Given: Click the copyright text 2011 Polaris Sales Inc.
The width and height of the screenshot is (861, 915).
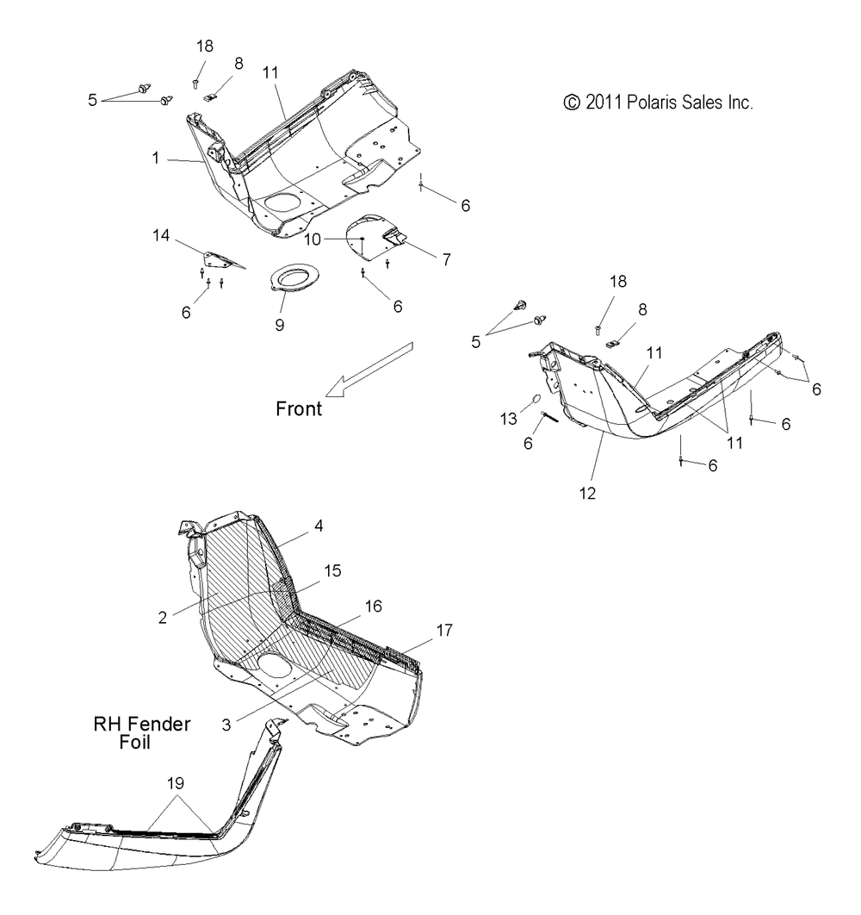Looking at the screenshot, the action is click(x=658, y=103).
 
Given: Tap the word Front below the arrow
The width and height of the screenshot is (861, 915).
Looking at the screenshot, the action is click(x=299, y=409).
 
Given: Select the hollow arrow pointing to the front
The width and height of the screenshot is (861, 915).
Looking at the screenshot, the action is click(x=369, y=370).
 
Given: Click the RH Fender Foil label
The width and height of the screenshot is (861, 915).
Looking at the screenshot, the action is click(x=142, y=733).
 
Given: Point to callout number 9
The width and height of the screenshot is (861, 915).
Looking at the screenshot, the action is click(x=280, y=325).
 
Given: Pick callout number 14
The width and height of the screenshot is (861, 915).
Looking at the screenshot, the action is click(x=161, y=235).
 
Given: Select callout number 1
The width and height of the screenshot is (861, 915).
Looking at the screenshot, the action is click(x=156, y=159).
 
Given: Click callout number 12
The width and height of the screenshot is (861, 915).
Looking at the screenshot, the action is click(x=587, y=494).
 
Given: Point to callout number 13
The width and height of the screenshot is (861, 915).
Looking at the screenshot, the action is click(x=509, y=419).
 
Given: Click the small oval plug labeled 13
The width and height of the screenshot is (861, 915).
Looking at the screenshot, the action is click(x=536, y=400).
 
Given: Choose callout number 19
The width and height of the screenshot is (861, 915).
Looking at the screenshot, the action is click(x=176, y=783).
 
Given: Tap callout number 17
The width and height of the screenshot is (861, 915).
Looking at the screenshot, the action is click(x=444, y=630).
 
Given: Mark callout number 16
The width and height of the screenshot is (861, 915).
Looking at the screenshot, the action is click(x=374, y=607).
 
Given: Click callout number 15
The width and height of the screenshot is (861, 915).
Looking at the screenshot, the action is click(x=332, y=570).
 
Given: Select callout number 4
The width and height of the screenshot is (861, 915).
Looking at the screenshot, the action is click(x=319, y=526).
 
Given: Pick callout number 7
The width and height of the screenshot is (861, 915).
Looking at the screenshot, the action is click(x=447, y=259).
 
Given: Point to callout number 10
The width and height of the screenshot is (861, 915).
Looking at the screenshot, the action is click(x=312, y=240).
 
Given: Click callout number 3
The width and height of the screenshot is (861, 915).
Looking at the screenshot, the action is click(x=226, y=725).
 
